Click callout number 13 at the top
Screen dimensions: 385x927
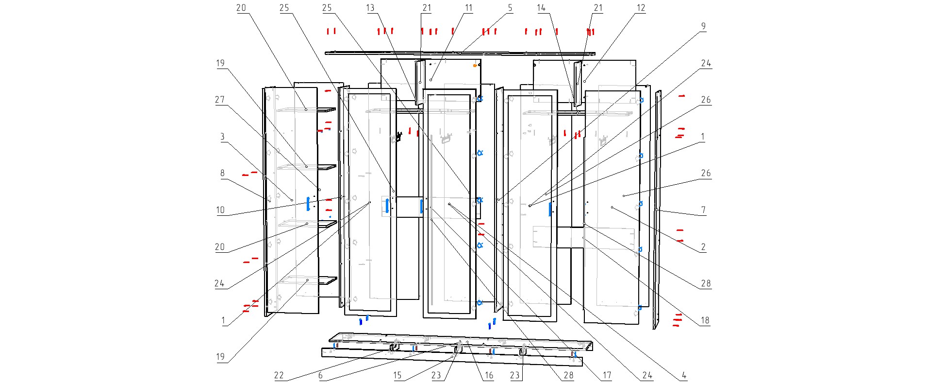370,8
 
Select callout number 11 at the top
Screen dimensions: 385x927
468,8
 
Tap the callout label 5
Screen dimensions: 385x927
510,8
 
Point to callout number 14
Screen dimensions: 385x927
541,8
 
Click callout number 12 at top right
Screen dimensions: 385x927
641,8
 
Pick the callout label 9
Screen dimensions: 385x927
703,26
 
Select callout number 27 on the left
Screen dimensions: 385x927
220,100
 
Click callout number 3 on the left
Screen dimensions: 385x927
222,137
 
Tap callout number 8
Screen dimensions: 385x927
222,173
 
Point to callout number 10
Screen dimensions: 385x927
220,210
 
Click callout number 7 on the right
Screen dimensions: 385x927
703,210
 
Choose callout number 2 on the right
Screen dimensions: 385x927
703,247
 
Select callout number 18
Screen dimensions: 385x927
705,320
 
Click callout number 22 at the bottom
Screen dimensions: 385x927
279,375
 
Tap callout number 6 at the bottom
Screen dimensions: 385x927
320,375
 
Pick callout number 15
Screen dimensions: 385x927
397,375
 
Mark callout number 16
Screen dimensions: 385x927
489,375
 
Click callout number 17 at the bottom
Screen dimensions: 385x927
607,375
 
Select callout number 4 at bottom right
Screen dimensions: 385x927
684,375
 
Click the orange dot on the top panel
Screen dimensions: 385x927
475,66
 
